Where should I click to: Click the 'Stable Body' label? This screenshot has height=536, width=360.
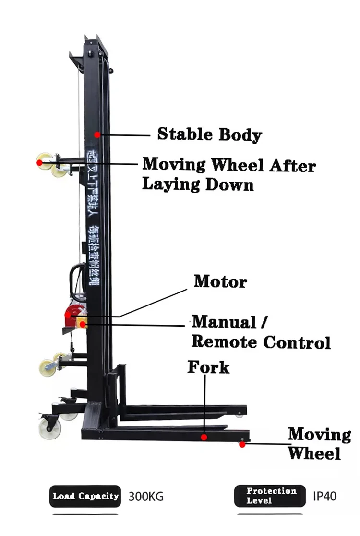(210, 134)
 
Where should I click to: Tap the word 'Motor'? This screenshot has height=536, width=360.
(220, 281)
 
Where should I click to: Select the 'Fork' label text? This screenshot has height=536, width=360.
(208, 367)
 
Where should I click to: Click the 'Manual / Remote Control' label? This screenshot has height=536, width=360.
(261, 332)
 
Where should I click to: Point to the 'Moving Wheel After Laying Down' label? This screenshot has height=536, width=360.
(228, 174)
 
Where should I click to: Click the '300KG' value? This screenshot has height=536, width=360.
(146, 496)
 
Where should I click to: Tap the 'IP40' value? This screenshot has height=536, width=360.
(324, 496)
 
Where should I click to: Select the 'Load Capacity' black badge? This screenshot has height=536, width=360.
(85, 496)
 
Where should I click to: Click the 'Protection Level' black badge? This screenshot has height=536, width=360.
(270, 496)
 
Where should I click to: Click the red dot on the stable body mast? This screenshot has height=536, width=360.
(97, 134)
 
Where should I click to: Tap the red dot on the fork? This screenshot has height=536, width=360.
(204, 437)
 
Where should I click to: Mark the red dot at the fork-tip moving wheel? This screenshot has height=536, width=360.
(242, 445)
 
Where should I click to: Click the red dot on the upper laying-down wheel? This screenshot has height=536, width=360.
(39, 163)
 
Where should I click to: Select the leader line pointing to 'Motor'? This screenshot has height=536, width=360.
(154, 303)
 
